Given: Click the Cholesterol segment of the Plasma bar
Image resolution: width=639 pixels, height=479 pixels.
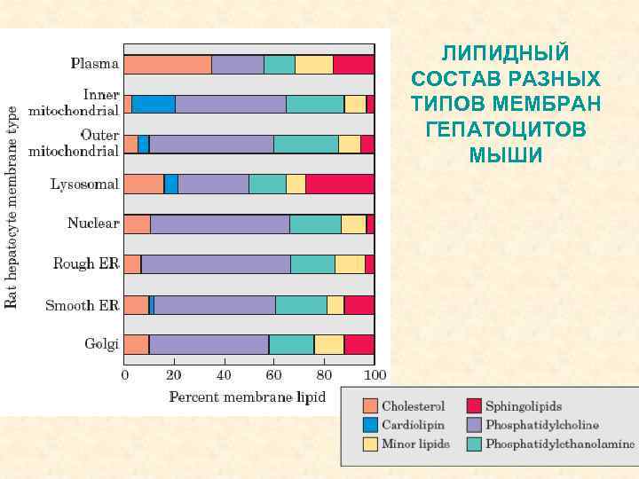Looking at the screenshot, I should [167, 64].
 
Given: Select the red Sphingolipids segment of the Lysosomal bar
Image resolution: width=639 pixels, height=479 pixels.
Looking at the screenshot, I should [340, 184].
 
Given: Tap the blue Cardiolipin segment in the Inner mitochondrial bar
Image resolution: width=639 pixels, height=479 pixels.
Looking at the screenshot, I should [154, 104].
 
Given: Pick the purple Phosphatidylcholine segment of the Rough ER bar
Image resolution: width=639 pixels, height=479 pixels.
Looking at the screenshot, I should [216, 264].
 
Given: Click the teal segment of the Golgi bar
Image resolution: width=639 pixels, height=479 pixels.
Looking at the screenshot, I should [291, 345].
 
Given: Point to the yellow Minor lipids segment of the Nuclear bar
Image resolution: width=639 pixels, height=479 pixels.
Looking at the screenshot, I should [353, 224].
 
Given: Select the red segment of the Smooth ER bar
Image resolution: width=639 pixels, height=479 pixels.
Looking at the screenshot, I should [359, 305].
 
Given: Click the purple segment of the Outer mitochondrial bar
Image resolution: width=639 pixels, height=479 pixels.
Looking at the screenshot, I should [211, 144].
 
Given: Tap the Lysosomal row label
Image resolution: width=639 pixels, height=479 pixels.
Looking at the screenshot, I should [83, 185].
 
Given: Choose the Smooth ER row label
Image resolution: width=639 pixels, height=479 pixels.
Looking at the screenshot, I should [83, 305].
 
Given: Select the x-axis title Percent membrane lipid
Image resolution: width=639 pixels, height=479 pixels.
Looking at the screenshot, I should [248, 396].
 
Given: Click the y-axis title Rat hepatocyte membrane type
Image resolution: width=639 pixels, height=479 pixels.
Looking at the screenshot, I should [12, 208].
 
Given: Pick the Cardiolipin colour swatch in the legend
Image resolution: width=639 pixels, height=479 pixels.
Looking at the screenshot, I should [370, 425].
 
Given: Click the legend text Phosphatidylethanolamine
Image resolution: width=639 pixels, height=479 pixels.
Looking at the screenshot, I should [560, 444].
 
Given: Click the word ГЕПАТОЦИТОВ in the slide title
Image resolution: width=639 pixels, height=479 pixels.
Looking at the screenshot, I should [506, 130].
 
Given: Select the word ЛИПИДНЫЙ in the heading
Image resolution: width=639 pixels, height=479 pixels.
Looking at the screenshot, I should [506, 52].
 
